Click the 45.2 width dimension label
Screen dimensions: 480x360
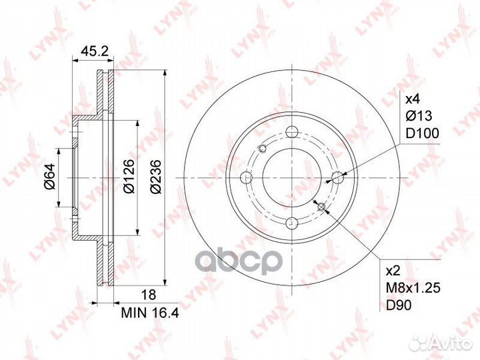point(94,51)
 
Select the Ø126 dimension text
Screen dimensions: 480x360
point(129,176)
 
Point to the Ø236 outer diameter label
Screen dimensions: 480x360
point(156,176)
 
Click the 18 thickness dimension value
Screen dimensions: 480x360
point(148,295)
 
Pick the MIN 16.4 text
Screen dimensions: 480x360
point(150,313)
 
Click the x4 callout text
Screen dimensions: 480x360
point(413,99)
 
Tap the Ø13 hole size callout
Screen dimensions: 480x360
point(419,116)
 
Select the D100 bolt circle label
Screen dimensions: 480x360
point(422,133)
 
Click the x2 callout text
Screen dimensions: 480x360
point(393,271)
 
